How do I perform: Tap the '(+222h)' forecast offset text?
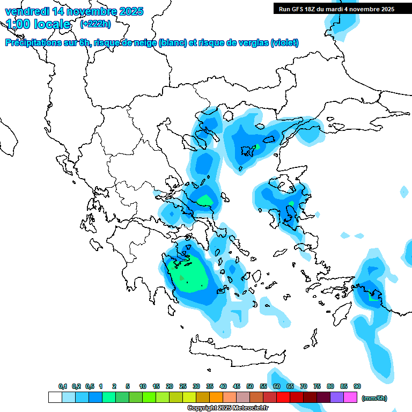click(x=95, y=24)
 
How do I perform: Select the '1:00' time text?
click(x=17, y=24)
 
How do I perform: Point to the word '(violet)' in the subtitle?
click(x=284, y=43)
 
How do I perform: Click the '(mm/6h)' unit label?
click(x=374, y=398)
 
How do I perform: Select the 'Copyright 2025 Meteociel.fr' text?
click(x=228, y=408)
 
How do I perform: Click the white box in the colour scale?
click(x=55, y=398)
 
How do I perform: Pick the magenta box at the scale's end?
click(x=350, y=398)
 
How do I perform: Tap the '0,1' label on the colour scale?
click(x=63, y=386)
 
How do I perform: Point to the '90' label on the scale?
click(x=357, y=386)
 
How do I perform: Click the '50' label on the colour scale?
click(x=250, y=386)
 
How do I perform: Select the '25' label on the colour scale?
click(x=183, y=386)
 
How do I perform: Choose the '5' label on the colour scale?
click(x=128, y=386)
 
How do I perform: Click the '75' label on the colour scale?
click(x=317, y=386)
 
